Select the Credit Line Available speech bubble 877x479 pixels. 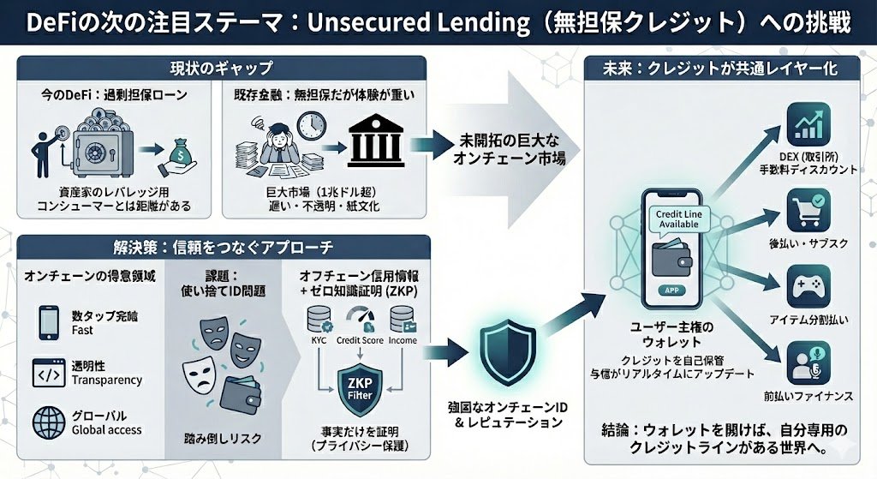[x=674, y=218]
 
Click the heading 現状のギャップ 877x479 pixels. [x=221, y=68]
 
